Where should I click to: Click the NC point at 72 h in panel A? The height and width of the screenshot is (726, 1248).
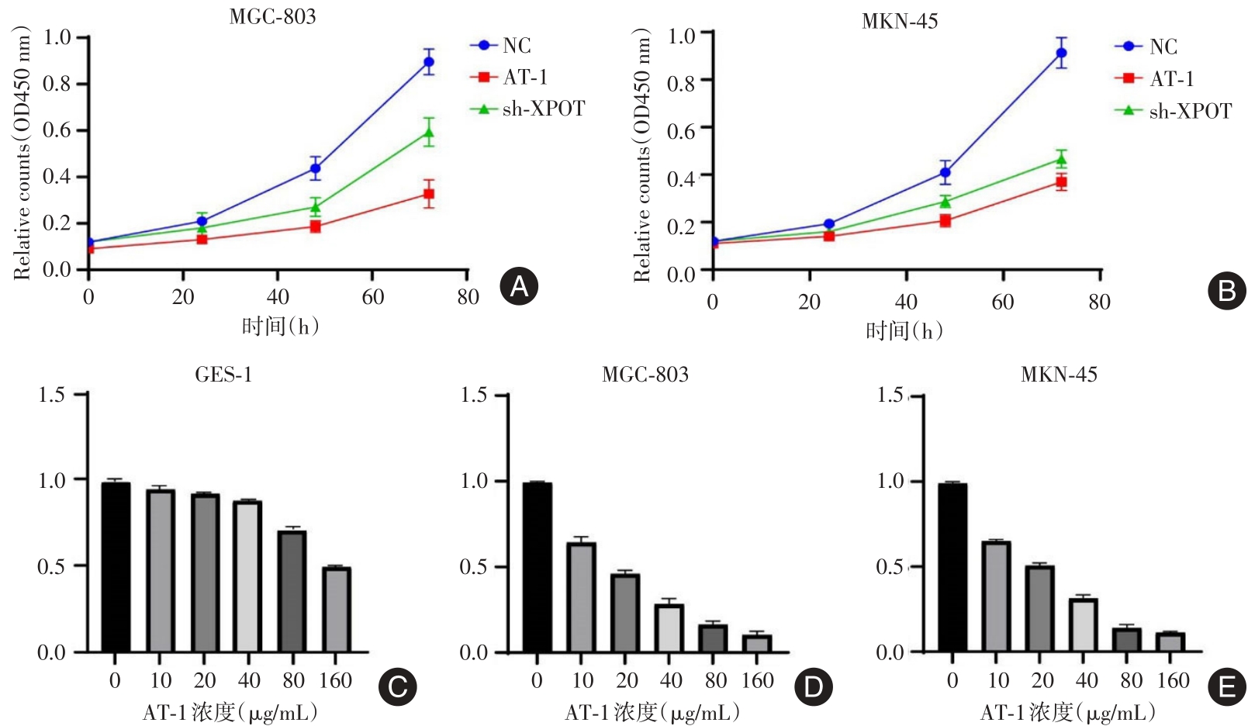tap(428, 62)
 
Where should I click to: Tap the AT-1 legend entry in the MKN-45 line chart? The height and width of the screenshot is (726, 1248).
tap(1170, 79)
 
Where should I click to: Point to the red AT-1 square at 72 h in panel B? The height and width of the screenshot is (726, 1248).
tap(1060, 183)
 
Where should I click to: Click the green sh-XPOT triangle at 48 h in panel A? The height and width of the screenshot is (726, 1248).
tap(315, 207)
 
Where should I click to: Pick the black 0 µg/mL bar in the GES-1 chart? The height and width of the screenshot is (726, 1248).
tap(116, 566)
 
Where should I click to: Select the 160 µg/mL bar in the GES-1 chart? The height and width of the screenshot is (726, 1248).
tap(337, 609)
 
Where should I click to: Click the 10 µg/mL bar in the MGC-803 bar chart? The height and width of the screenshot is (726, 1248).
tap(581, 596)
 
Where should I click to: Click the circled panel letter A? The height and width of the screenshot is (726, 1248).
tap(518, 287)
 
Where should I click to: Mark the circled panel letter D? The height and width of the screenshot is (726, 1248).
tap(813, 687)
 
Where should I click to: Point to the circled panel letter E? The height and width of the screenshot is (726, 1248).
tap(1227, 688)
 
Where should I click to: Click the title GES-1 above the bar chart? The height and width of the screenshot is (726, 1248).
tap(223, 375)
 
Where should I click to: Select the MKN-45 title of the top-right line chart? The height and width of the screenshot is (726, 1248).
tap(900, 21)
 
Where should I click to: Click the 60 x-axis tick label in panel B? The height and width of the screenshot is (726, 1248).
tap(1002, 302)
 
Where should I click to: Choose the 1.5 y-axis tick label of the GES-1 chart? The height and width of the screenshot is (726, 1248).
tap(52, 396)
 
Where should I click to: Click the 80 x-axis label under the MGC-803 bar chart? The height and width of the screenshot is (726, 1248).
tap(715, 681)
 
